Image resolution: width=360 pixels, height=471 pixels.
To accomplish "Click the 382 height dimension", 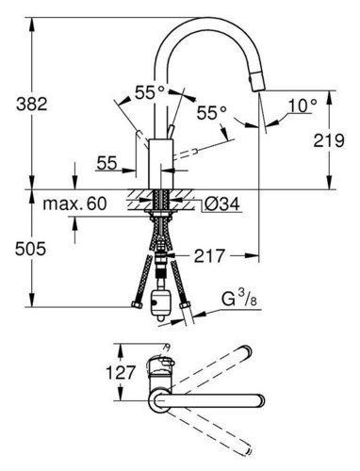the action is (32, 104).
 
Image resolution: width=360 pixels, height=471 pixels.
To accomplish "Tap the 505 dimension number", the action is (30, 249).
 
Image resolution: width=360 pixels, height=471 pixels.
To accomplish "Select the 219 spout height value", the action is (329, 140).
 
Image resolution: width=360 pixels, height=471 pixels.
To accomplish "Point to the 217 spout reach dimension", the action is (209, 256).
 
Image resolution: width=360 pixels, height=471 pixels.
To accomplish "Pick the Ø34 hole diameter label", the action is (222, 204).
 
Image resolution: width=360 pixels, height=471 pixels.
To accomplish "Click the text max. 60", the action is (74, 203).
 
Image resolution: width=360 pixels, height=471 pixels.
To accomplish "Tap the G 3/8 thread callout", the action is (239, 299).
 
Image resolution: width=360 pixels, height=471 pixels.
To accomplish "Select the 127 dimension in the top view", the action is (121, 373).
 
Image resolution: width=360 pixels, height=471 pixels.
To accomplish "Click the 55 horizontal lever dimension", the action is (106, 163).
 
